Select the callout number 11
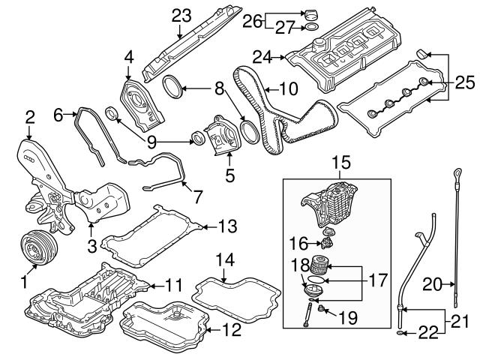point(173,284)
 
